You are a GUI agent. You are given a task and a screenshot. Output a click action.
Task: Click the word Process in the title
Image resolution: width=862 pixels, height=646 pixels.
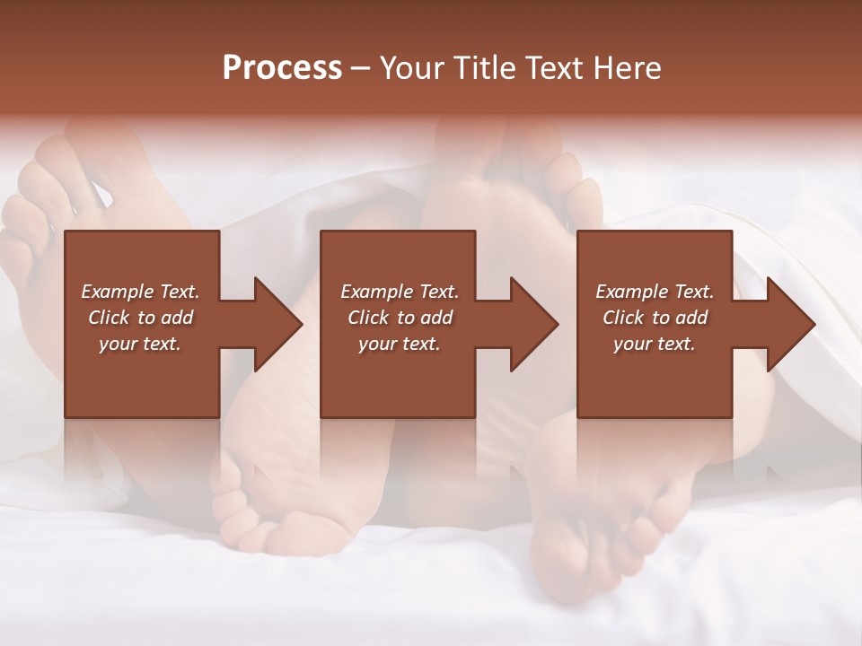(x=282, y=68)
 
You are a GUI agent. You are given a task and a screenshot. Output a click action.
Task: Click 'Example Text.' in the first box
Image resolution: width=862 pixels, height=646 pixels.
(x=140, y=292)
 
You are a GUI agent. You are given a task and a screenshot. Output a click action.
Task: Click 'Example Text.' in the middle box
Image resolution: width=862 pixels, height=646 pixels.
(x=400, y=292)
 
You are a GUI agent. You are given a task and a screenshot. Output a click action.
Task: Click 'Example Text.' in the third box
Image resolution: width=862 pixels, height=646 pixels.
(x=655, y=292)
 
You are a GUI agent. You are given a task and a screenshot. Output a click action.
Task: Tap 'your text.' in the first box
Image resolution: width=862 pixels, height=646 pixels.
(x=140, y=344)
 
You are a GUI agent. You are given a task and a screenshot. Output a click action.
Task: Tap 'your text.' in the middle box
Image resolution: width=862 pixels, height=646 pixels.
(x=400, y=344)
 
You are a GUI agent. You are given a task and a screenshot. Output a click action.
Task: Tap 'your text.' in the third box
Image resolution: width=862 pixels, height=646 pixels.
(x=655, y=344)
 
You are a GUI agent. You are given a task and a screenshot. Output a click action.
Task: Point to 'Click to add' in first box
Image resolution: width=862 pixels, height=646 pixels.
(x=140, y=318)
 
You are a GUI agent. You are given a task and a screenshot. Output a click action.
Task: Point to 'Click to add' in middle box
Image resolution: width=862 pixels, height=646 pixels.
(x=400, y=318)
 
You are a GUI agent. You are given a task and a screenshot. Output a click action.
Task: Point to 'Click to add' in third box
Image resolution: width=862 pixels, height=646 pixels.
(x=655, y=318)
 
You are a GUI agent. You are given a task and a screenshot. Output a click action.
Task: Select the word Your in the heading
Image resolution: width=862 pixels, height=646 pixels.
(x=409, y=68)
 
